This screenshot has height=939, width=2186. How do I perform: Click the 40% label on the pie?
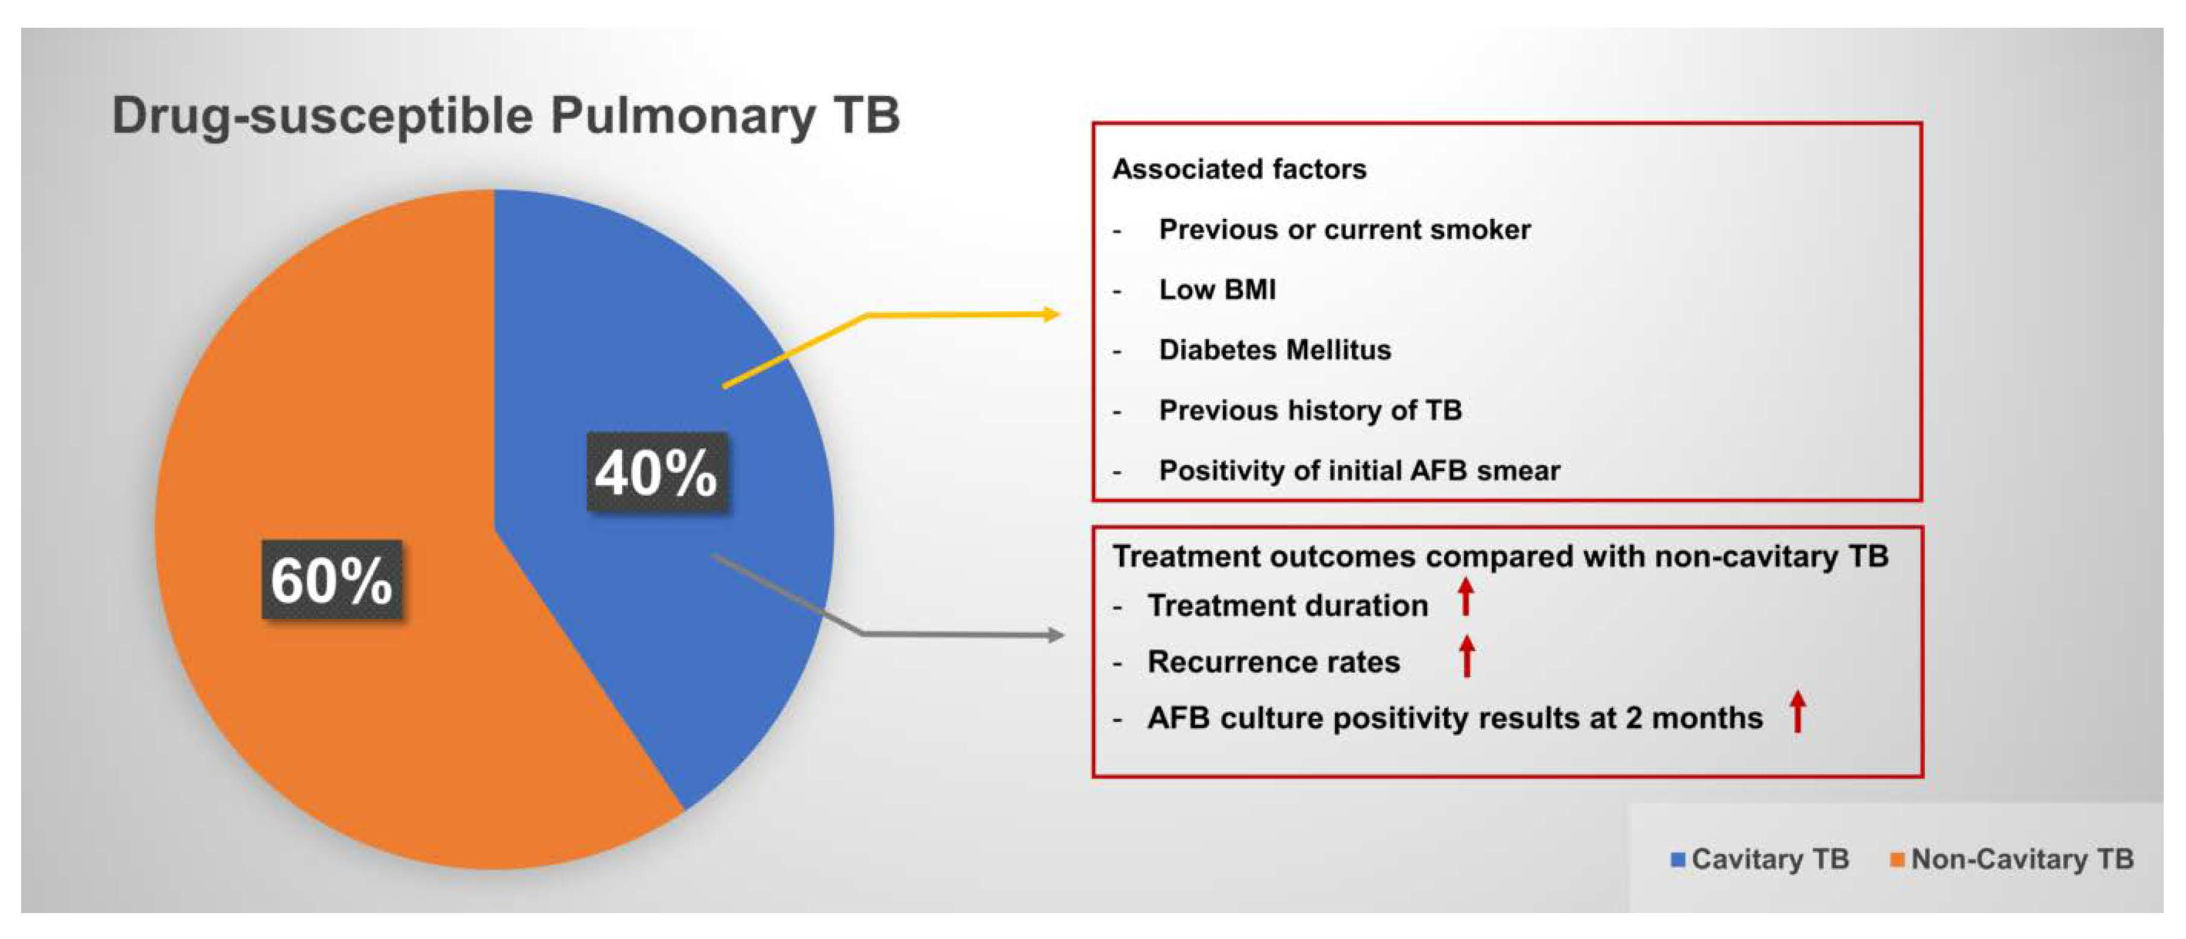(x=656, y=472)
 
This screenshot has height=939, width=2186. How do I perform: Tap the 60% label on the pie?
(x=331, y=580)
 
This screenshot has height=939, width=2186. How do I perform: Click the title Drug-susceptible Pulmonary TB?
(x=506, y=115)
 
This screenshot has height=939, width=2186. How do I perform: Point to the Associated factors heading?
(x=1239, y=169)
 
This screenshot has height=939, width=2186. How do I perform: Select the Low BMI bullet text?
(x=1217, y=289)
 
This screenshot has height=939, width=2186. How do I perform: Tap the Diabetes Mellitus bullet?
(x=1275, y=350)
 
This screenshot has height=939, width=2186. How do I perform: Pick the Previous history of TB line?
(x=1310, y=410)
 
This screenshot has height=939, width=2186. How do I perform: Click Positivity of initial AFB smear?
(x=1360, y=470)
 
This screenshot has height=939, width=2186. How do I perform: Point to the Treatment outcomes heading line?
(x=1500, y=556)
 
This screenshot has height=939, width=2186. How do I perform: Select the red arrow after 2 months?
(x=1797, y=712)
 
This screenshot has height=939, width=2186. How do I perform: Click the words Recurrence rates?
(x=1273, y=662)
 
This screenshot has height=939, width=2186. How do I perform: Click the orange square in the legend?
(x=1897, y=859)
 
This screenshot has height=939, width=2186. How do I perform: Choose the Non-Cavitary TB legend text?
(x=2022, y=859)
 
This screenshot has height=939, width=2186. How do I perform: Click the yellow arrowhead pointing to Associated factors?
(x=1052, y=314)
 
